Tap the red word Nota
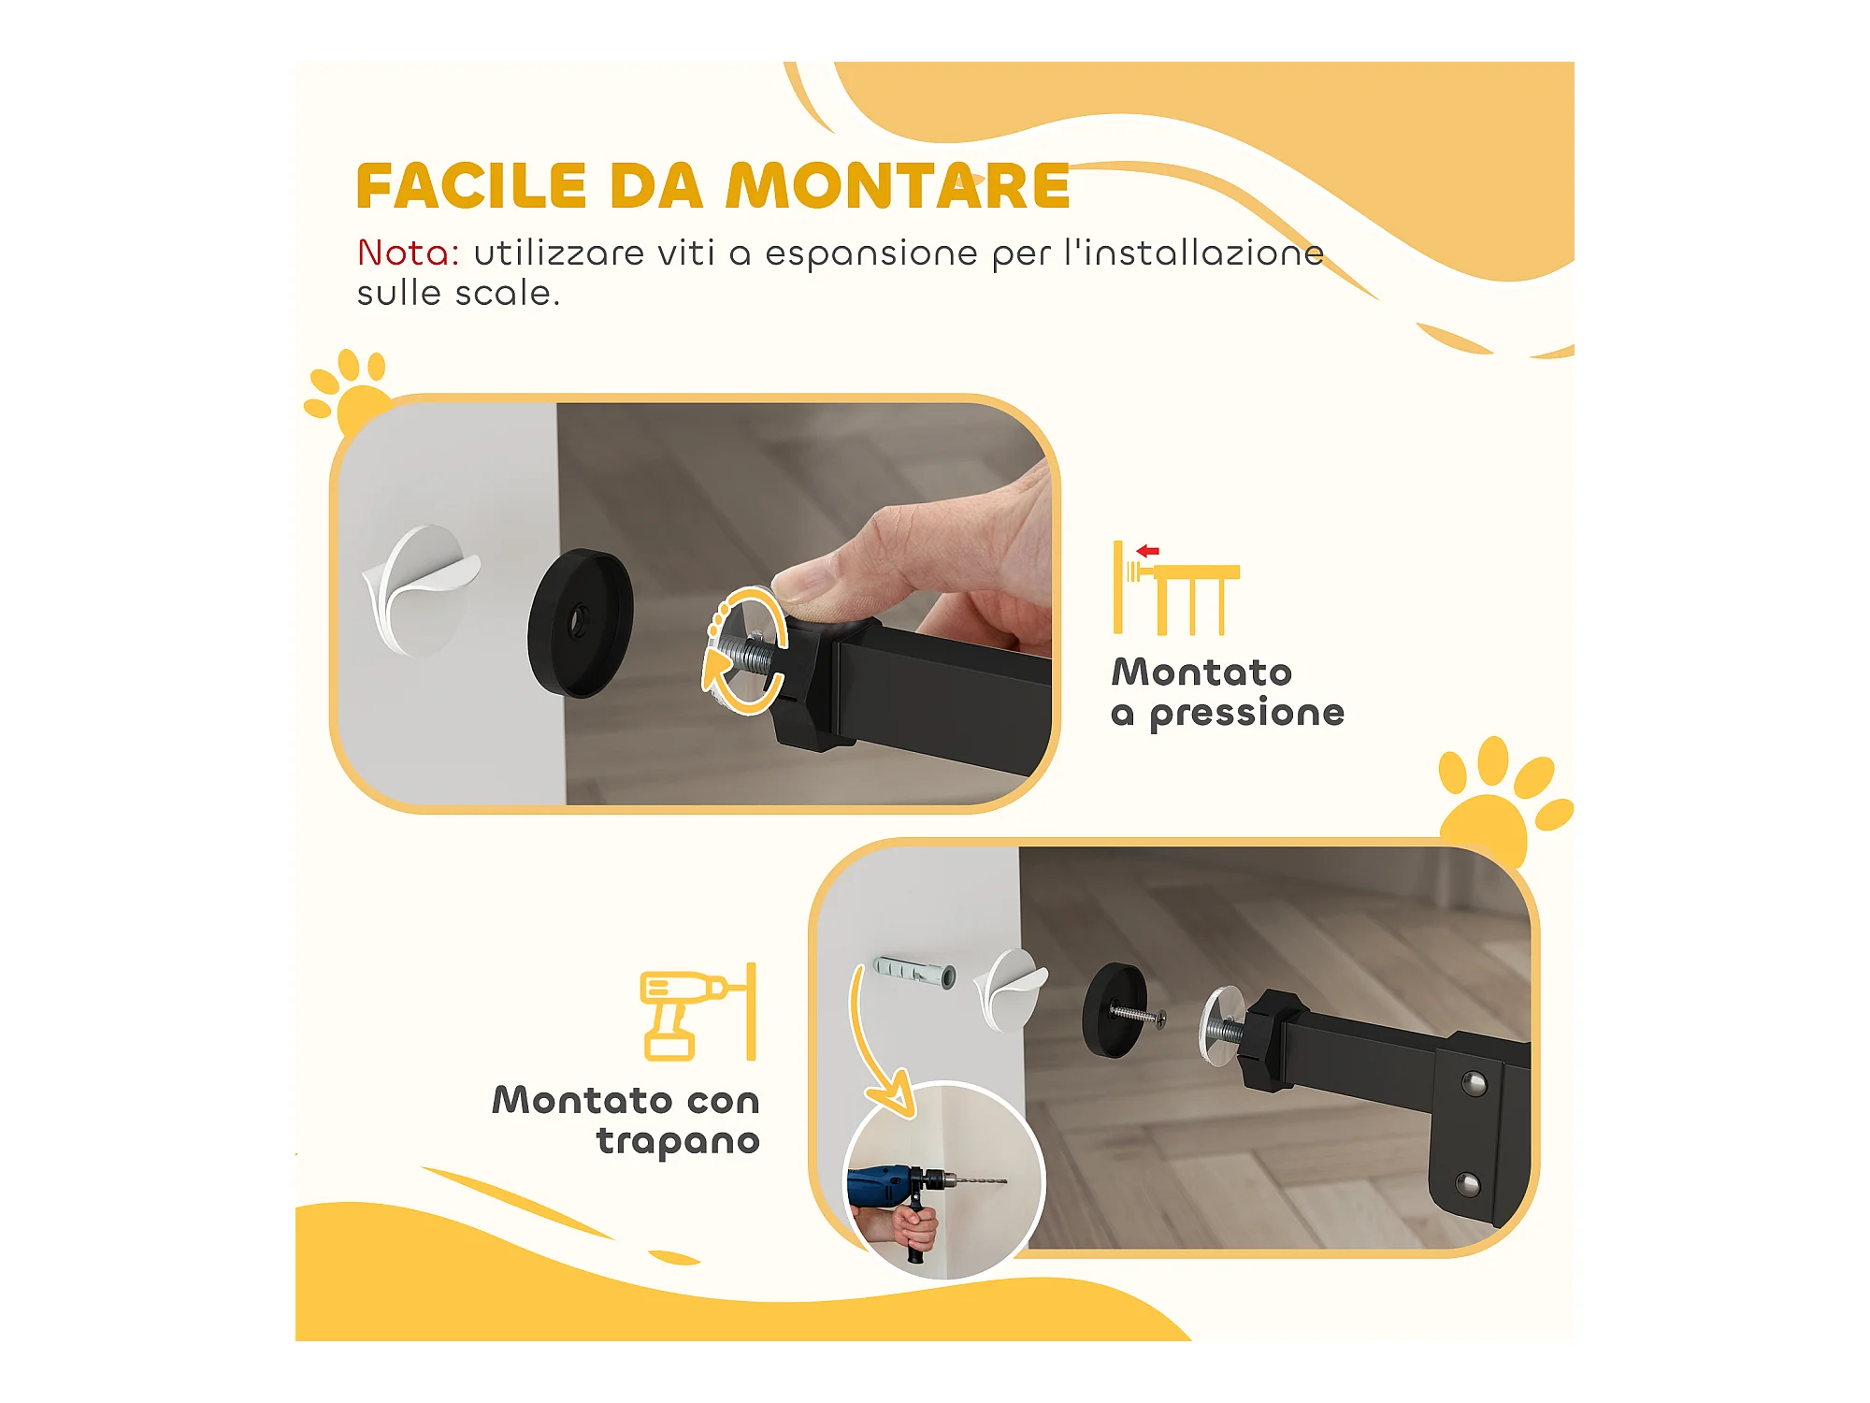click(408, 253)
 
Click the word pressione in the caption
click(1246, 714)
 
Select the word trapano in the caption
click(678, 1142)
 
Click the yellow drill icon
click(698, 1012)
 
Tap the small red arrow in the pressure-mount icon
click(1147, 551)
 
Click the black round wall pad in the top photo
click(580, 623)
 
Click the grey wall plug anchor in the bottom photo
click(914, 973)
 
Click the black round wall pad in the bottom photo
click(1114, 1010)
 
